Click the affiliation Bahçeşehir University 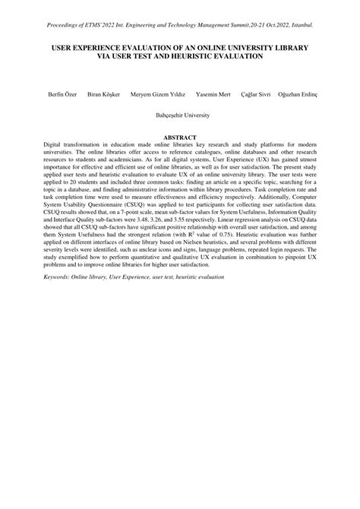180,115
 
